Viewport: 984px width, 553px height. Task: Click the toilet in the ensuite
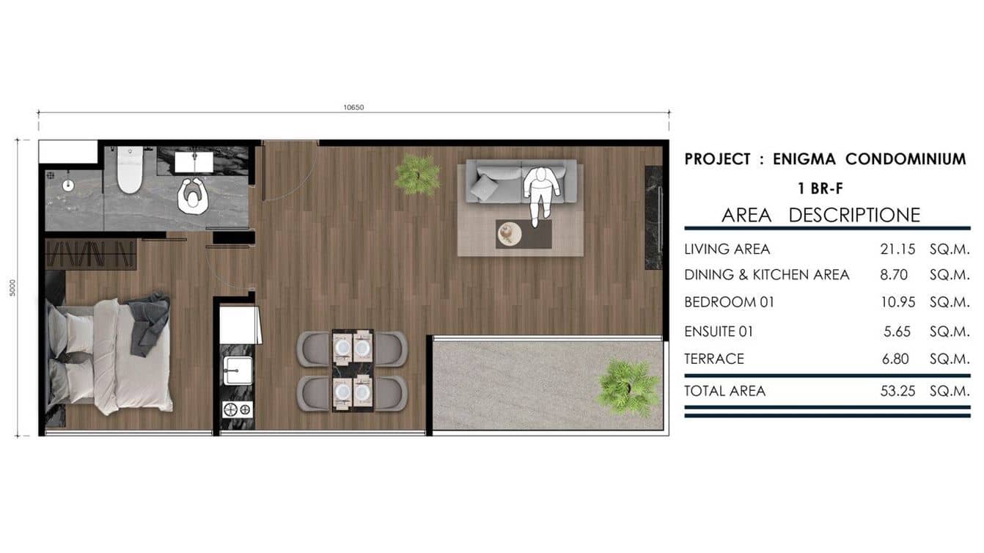pyautogui.click(x=130, y=169)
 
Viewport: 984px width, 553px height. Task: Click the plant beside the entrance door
pyautogui.click(x=416, y=175)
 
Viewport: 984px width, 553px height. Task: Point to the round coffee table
pyautogui.click(x=510, y=234)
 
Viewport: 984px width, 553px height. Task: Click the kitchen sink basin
pyautogui.click(x=238, y=370)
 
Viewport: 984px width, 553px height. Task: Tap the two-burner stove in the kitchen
pyautogui.click(x=238, y=410)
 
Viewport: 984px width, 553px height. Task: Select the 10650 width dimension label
pyautogui.click(x=353, y=107)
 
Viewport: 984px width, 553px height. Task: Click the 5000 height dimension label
pyautogui.click(x=12, y=288)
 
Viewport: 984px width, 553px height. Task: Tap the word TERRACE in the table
pyautogui.click(x=714, y=359)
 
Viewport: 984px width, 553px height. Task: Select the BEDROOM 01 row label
pyautogui.click(x=730, y=302)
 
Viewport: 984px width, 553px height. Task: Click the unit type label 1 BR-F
pyautogui.click(x=820, y=188)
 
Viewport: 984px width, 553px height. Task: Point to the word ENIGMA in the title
pyautogui.click(x=805, y=159)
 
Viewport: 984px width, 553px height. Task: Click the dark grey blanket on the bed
pyautogui.click(x=150, y=323)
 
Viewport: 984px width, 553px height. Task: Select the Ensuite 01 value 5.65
pyautogui.click(x=897, y=332)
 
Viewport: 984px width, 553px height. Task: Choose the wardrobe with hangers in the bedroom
pyautogui.click(x=90, y=254)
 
